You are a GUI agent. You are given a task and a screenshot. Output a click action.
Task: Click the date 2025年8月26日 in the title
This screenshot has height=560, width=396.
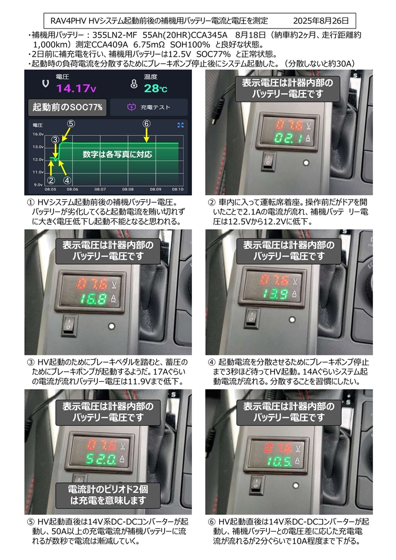click(321, 21)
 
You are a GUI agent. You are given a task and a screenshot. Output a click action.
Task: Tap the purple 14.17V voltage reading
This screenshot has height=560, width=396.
click(76, 88)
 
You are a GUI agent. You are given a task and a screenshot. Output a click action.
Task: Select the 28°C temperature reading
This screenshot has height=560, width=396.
click(156, 88)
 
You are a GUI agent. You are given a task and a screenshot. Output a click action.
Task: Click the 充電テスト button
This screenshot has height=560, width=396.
click(149, 107)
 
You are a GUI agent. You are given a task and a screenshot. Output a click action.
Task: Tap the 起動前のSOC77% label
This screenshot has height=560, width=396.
click(67, 107)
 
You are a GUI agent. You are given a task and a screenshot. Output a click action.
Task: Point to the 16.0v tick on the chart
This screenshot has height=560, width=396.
click(38, 135)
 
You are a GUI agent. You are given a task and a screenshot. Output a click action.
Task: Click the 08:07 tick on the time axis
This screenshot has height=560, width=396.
click(100, 189)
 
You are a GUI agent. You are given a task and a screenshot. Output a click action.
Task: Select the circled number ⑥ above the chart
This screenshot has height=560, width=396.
click(147, 124)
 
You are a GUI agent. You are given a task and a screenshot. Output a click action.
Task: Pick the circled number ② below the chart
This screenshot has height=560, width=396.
click(51, 180)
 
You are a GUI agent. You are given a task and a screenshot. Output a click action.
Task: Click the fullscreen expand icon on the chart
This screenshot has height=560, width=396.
click(180, 125)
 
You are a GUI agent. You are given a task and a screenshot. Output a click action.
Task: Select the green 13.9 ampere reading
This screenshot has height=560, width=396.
click(275, 294)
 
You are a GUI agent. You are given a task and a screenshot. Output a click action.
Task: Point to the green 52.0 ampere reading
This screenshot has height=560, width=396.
click(101, 459)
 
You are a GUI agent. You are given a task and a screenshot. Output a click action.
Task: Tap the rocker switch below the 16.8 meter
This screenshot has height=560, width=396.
click(69, 325)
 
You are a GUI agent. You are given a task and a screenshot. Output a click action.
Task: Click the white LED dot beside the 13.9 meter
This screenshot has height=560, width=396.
click(292, 319)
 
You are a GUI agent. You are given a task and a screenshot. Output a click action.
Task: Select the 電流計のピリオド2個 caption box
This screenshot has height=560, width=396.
click(108, 495)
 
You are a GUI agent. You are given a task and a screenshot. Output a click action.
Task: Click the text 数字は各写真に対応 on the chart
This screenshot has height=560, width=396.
click(117, 154)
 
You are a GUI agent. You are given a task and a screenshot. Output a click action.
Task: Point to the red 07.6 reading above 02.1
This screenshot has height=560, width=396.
click(289, 125)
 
